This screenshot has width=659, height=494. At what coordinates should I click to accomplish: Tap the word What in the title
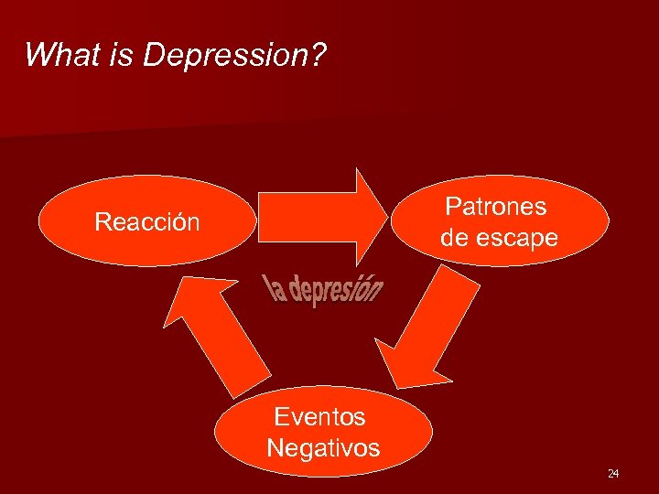(55, 55)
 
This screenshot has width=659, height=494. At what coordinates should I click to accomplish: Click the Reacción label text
(147, 222)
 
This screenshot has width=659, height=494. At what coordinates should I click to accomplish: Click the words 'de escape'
(499, 239)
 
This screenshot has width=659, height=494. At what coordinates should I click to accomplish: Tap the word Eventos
(319, 417)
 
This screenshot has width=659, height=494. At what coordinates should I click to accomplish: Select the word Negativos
(323, 448)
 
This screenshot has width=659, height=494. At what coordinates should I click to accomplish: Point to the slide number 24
(613, 473)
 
